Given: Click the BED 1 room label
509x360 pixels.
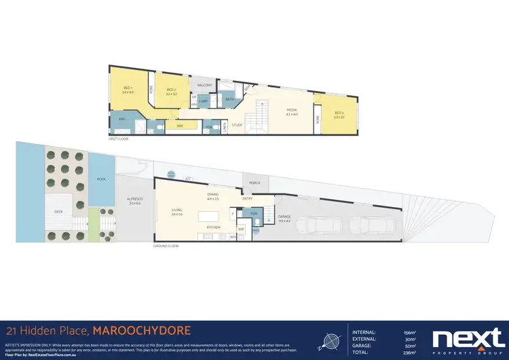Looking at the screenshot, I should pos(128,87).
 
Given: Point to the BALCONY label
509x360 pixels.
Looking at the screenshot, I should pos(205,85).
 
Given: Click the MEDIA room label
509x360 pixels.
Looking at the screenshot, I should pos(291,111).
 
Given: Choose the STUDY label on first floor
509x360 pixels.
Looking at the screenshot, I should pos(237,125).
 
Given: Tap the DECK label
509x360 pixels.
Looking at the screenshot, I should pos(59,212).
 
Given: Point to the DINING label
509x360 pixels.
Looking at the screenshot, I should pos(212,195).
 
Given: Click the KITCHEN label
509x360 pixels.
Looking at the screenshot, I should pos(213,227).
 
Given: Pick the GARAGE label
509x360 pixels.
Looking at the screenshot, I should pos(284,217).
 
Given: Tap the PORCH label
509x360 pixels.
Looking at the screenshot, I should pos(255,183).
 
